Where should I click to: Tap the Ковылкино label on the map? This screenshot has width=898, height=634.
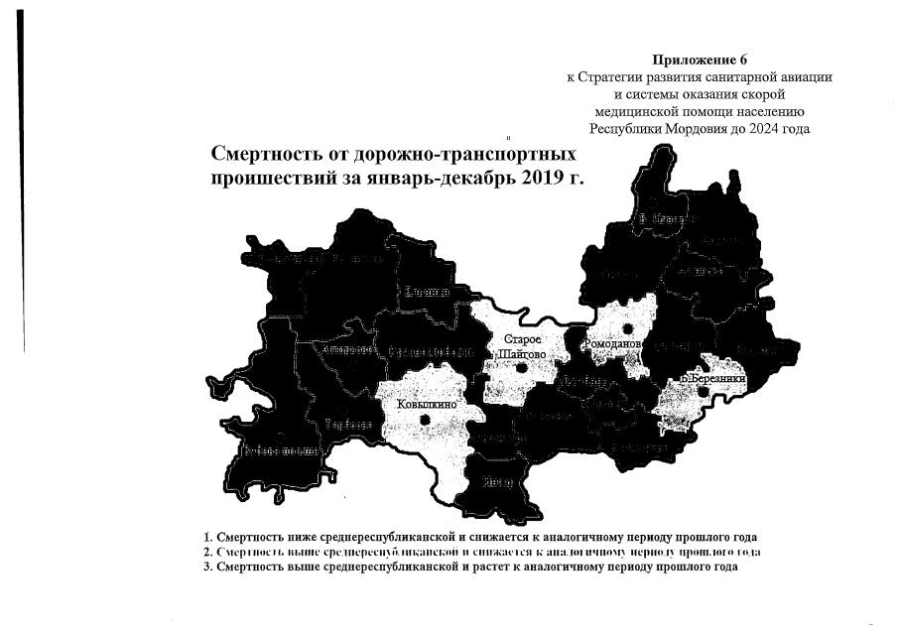click(x=426, y=404)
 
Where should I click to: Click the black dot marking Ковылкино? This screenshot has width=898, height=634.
click(x=426, y=420)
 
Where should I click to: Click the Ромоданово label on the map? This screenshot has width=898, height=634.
click(x=616, y=344)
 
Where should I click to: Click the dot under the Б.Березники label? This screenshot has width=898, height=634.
click(x=703, y=392)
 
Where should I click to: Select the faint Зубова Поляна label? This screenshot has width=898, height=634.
click(x=280, y=451)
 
